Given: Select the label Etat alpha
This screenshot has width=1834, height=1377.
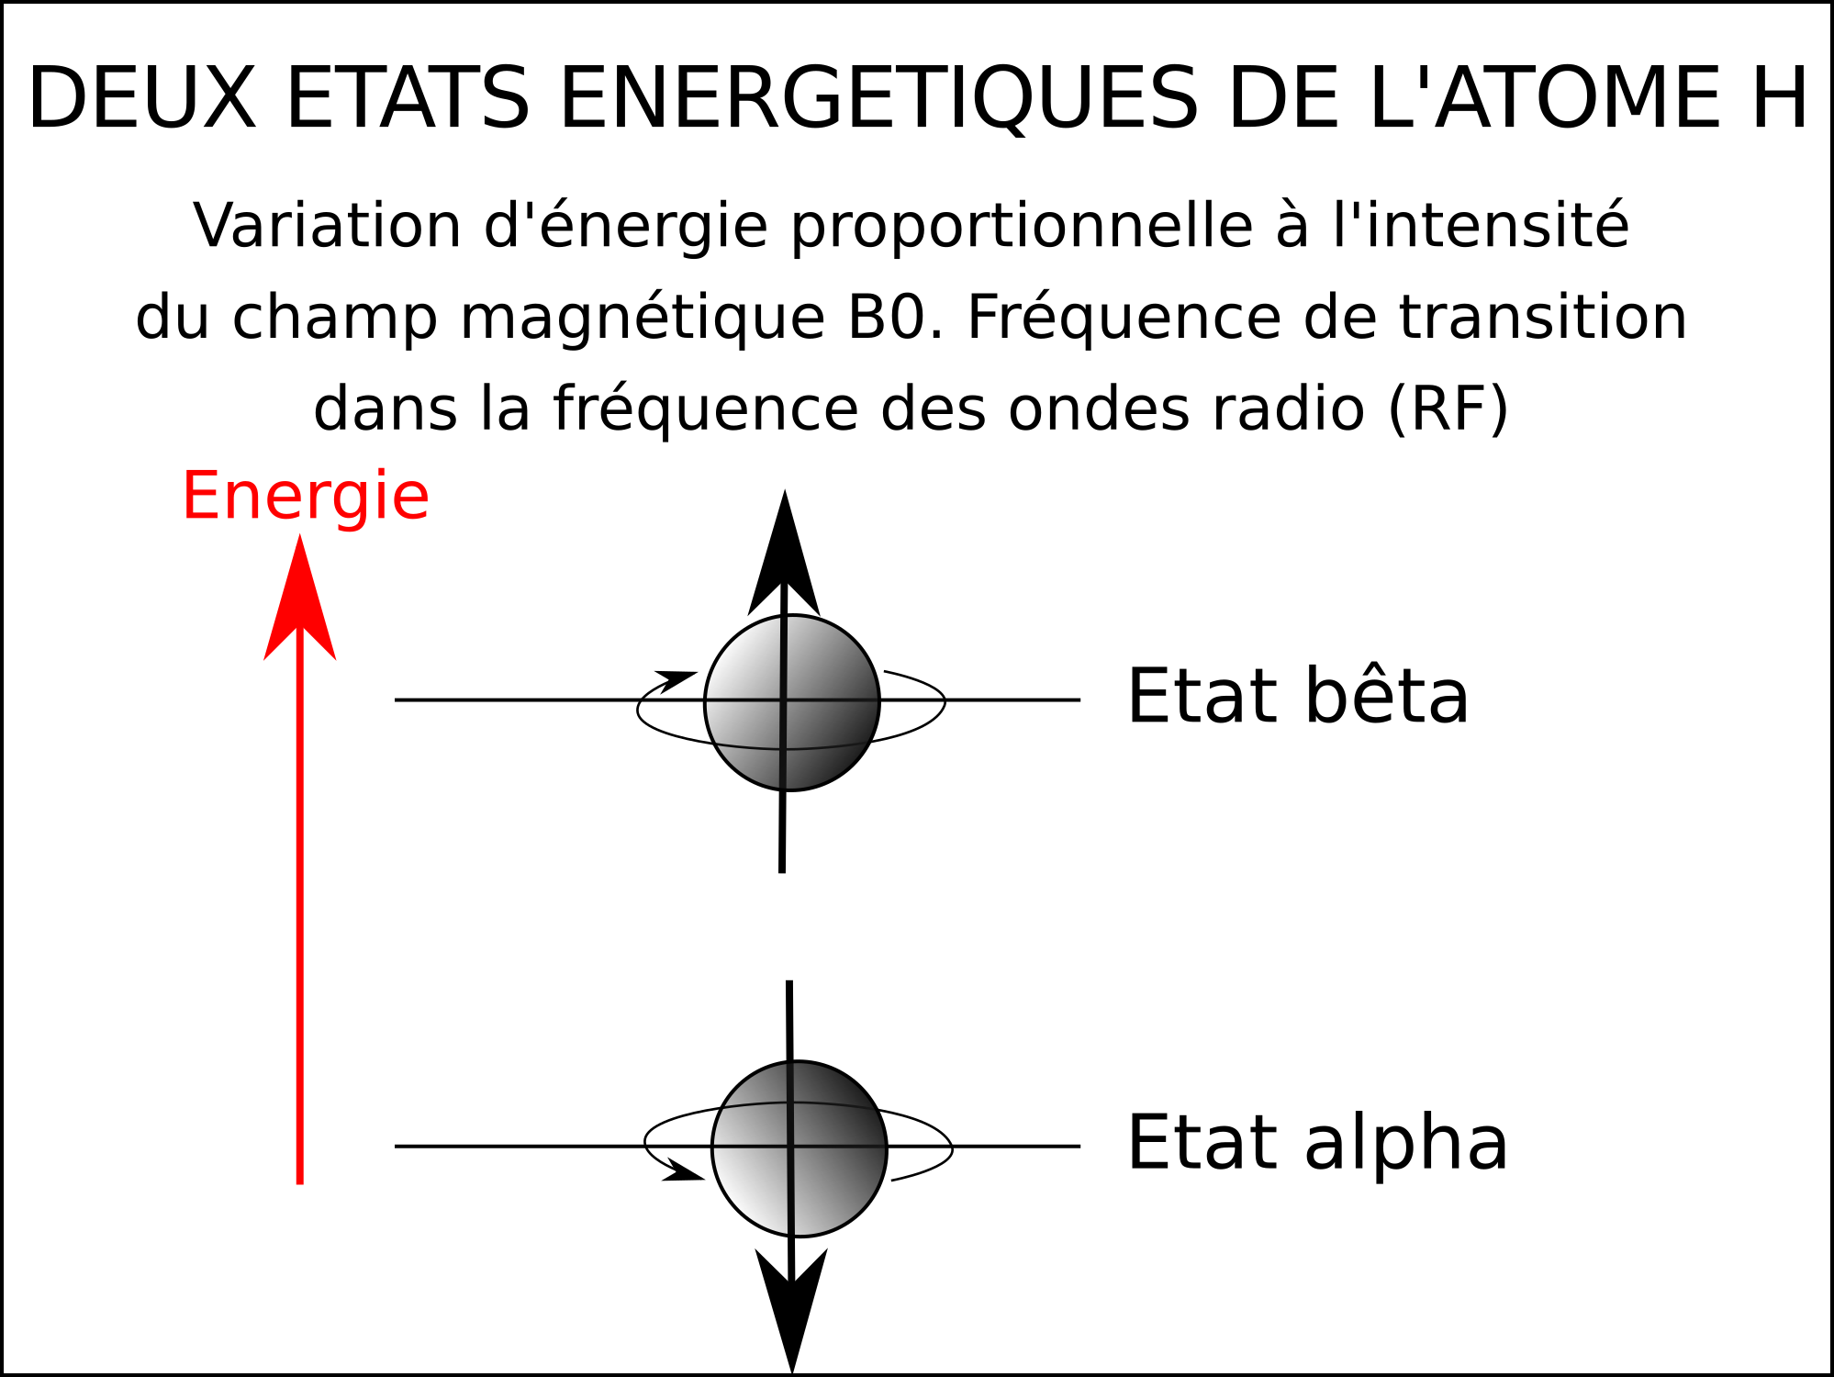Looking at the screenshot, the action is (1317, 1144).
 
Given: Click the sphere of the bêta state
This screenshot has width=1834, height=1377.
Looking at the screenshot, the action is (792, 702).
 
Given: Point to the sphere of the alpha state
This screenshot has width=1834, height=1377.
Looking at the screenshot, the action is (800, 1149).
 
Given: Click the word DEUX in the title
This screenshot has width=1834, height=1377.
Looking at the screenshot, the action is (142, 99).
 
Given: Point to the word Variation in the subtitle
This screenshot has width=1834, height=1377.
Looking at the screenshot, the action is (328, 226).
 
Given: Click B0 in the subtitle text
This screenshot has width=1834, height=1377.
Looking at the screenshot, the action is (887, 318).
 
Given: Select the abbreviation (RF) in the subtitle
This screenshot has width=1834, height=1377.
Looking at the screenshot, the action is (1448, 409).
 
